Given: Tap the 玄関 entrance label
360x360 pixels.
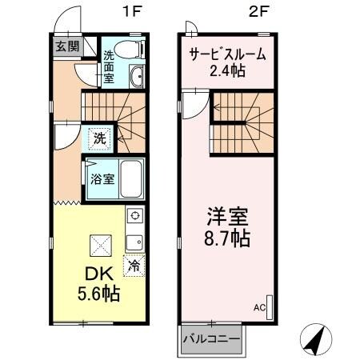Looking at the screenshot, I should [66, 46].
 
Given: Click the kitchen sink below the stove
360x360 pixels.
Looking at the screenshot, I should [134, 241].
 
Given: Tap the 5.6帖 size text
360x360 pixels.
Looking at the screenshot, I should [98, 294].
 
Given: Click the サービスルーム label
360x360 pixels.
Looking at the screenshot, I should [227, 54].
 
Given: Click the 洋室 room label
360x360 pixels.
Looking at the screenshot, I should [227, 217].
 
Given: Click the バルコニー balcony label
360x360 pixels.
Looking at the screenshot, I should [211, 338].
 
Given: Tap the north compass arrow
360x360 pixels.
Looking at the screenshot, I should [314, 339].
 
